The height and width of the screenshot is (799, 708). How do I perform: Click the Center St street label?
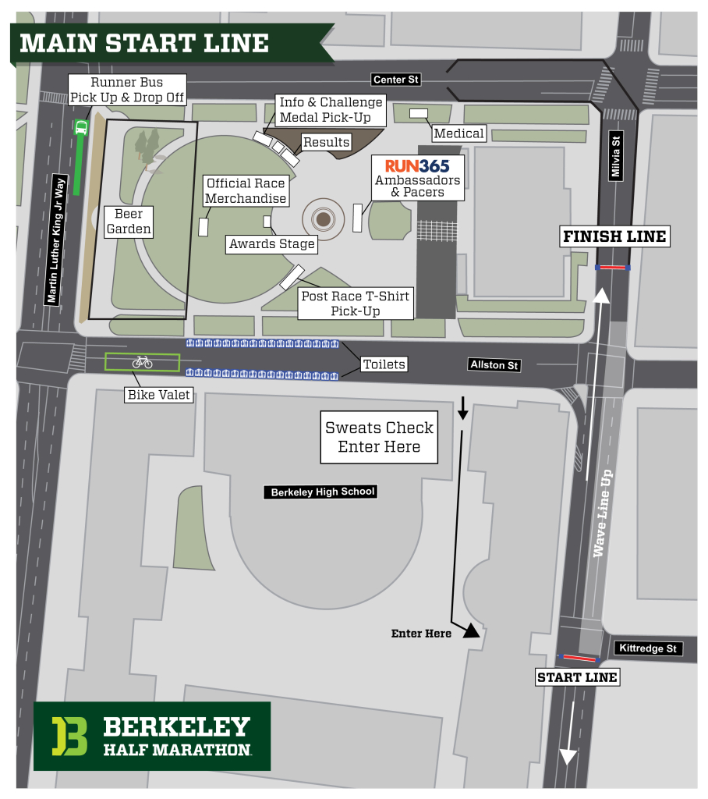click(x=395, y=80)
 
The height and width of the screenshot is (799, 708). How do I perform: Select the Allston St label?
click(x=494, y=364)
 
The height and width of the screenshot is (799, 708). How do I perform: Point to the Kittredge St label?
click(x=649, y=648)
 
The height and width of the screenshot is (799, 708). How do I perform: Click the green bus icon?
click(x=80, y=128)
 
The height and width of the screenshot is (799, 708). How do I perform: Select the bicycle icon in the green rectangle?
click(x=142, y=362)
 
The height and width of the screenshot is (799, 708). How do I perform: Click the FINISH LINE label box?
click(x=614, y=236)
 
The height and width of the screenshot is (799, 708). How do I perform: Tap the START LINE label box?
click(x=577, y=677)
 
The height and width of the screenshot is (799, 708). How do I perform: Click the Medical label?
click(x=459, y=133)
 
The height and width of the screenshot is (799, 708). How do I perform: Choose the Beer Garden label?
click(x=129, y=222)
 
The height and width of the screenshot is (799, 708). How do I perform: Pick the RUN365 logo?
click(x=417, y=165)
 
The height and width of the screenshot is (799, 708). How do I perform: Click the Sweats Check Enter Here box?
click(x=379, y=438)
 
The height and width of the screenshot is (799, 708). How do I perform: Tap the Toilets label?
click(x=384, y=364)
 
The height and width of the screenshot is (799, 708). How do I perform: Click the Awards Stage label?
click(x=271, y=244)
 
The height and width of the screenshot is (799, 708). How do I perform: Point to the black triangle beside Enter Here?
click(x=471, y=632)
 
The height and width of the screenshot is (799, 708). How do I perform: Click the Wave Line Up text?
click(x=599, y=513)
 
